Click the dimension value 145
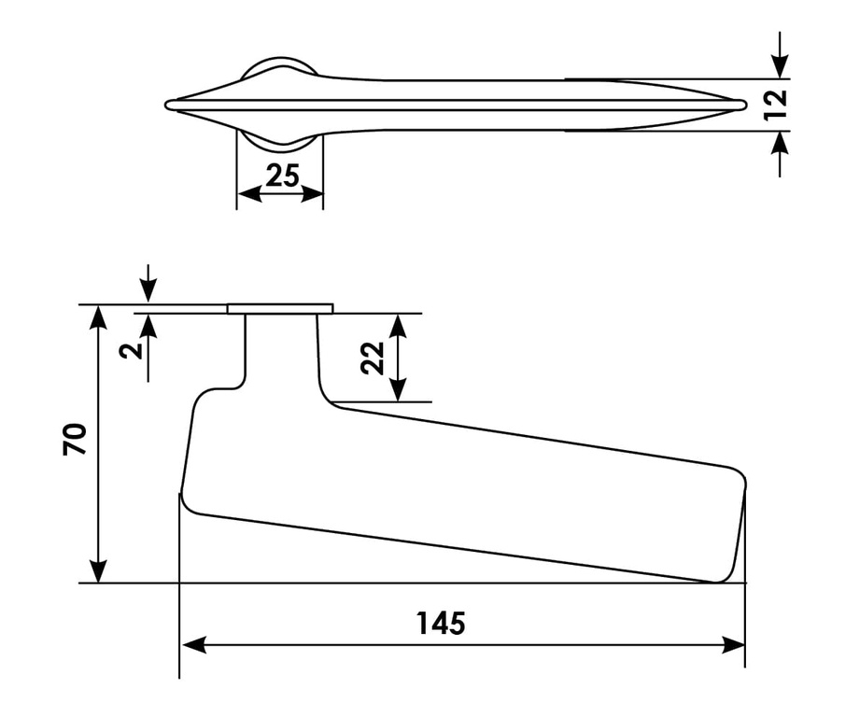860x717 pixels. coord(440,623)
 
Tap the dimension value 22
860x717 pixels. coord(374,358)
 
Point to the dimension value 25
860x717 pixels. coord(281,175)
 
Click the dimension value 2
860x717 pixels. coord(132,349)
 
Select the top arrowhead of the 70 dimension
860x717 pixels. coord(97,316)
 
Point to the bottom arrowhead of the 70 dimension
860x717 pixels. coord(97,571)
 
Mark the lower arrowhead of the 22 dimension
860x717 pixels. coord(399,391)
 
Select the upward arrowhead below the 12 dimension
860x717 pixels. coord(782,143)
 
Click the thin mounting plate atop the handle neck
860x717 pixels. coord(280,308)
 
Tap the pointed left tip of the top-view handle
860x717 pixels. coord(169,105)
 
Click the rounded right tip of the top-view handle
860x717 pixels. coord(742,105)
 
